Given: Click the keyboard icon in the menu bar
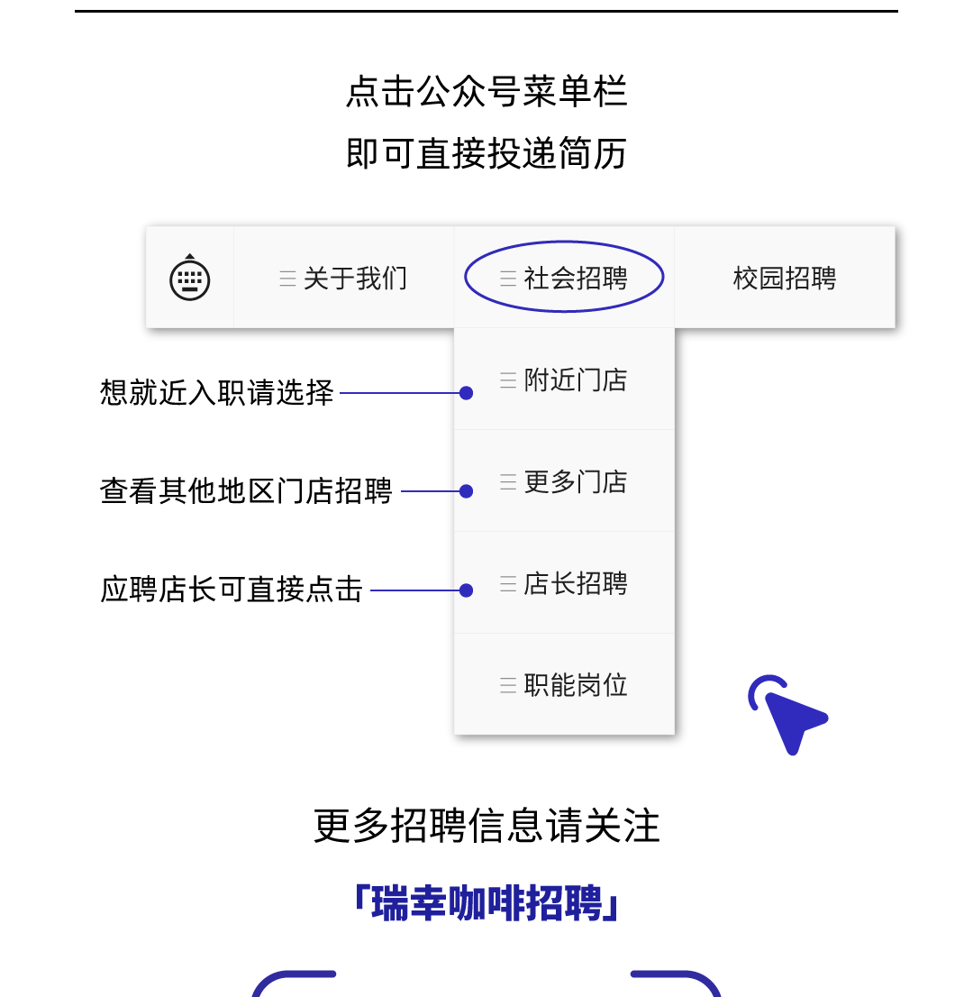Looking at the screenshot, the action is click(x=190, y=278).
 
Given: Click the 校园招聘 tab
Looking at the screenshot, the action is click(x=785, y=279).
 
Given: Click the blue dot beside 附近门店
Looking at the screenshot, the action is click(x=466, y=393).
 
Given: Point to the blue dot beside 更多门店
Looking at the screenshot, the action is click(x=466, y=491).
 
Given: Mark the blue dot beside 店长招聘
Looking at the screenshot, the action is click(x=466, y=590).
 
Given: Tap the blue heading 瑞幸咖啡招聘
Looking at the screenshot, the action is click(x=486, y=903).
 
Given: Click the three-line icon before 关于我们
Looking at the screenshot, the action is click(x=287, y=279).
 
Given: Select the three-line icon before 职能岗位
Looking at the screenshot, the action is click(x=508, y=686).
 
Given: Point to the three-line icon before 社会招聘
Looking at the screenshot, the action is click(x=508, y=279).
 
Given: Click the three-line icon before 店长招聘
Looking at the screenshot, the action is click(x=508, y=584).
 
